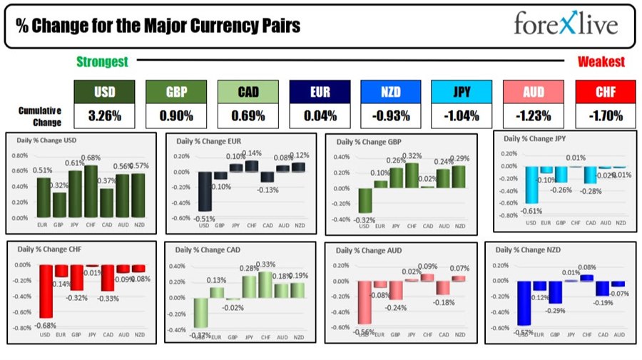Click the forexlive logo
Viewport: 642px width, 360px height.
coord(566,25)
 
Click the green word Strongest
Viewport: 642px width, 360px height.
coord(102,62)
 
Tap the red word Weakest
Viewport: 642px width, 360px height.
coord(601,62)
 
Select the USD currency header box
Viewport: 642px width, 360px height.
coord(105,91)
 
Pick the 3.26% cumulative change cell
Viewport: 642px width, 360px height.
coord(105,115)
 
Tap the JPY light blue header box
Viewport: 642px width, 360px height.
coord(462,91)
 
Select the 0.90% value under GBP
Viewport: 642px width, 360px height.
coord(176,115)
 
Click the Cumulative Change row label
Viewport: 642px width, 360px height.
coord(40,115)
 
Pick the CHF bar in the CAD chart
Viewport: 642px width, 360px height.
coord(265,284)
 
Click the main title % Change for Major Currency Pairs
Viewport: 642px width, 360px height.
coord(158,26)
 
